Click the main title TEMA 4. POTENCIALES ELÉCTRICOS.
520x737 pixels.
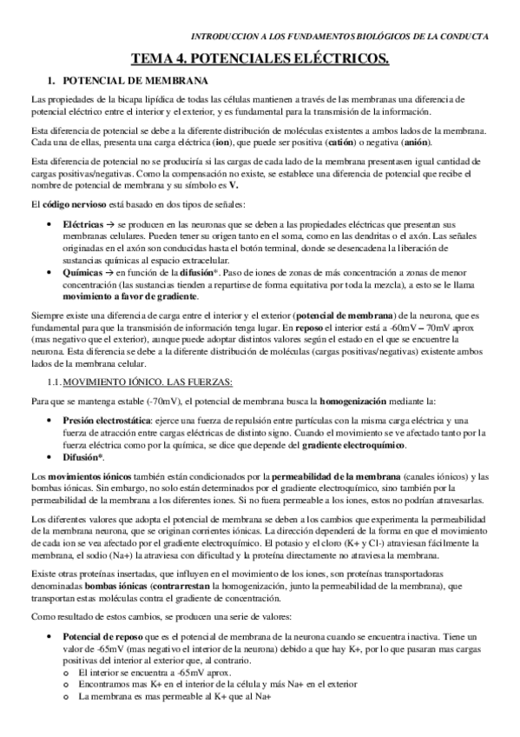pos(260,59)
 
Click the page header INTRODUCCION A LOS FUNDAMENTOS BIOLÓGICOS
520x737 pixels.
pos(339,37)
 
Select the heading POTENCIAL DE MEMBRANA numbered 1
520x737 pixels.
pos(123,81)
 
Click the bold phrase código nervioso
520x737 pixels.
pos(73,203)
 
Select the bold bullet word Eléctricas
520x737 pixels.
pos(83,224)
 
